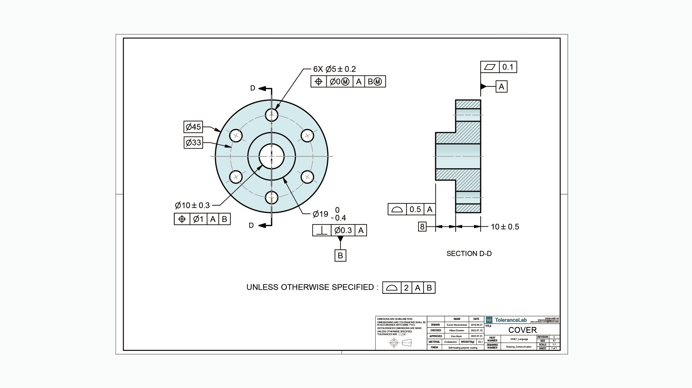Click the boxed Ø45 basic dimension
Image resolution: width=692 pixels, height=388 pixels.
click(x=193, y=127)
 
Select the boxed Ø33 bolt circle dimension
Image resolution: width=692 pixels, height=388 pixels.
click(x=193, y=142)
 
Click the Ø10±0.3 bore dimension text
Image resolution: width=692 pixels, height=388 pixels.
click(x=192, y=205)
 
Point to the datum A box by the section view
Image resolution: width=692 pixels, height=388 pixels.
click(x=501, y=87)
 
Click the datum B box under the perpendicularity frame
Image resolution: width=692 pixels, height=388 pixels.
click(x=340, y=256)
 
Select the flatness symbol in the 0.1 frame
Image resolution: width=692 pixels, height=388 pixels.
click(x=490, y=67)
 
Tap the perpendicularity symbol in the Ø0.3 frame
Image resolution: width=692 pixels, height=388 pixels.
click(x=322, y=230)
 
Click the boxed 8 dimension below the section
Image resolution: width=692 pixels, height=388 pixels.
click(x=422, y=227)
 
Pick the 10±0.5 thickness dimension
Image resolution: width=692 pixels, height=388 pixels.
click(x=505, y=227)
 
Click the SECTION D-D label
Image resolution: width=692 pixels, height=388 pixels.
click(x=469, y=253)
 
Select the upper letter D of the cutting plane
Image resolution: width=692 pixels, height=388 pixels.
click(x=253, y=88)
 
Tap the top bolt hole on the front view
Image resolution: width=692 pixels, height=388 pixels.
click(x=271, y=115)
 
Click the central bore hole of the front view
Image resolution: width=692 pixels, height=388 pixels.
click(x=271, y=156)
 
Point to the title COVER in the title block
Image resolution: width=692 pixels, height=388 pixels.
click(x=522, y=330)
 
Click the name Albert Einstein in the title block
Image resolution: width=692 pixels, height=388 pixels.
click(x=457, y=331)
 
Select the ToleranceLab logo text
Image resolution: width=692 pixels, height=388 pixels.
click(x=511, y=320)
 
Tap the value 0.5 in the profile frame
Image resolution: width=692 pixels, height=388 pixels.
click(x=415, y=210)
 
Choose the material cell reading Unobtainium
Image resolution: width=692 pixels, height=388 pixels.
click(x=450, y=342)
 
